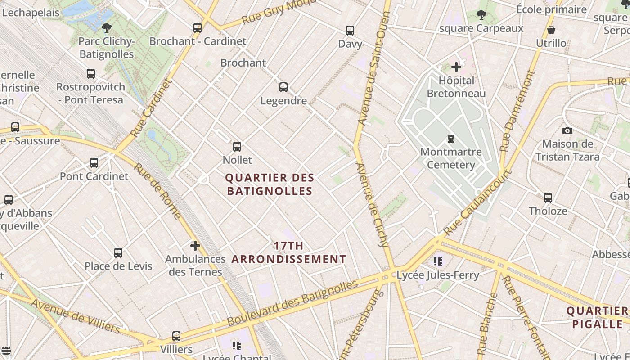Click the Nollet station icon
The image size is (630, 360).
pyautogui.click(x=237, y=146)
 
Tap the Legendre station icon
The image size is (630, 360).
pyautogui.click(x=283, y=87)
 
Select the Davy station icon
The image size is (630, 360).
pyautogui.click(x=350, y=31)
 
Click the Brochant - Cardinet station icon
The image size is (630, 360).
pyautogui.click(x=198, y=27)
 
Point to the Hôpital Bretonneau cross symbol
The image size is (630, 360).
pyautogui.click(x=456, y=67)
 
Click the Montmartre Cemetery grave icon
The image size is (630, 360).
pyautogui.click(x=450, y=139)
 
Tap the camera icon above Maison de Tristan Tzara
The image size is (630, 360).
pyautogui.click(x=567, y=130)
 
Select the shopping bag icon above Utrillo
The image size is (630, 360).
pyautogui.click(x=551, y=30)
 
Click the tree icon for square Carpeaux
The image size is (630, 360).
pyautogui.click(x=481, y=15)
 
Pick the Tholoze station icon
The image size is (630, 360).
pyautogui.click(x=548, y=198)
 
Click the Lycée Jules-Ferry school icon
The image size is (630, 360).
pyautogui.click(x=438, y=261)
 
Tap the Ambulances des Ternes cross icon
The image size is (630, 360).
pyautogui.click(x=195, y=246)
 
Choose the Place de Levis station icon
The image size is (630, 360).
pyautogui.click(x=118, y=252)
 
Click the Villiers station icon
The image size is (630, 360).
pyautogui.click(x=176, y=336)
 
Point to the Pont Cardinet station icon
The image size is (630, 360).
pyautogui.click(x=94, y=162)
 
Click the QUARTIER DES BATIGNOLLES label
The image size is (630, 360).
pyautogui.click(x=270, y=184)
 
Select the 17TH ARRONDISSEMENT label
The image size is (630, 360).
pyautogui.click(x=289, y=252)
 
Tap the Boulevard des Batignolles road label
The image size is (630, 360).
pyautogui.click(x=292, y=303)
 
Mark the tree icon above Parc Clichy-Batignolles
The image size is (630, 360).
pyautogui.click(x=107, y=28)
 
